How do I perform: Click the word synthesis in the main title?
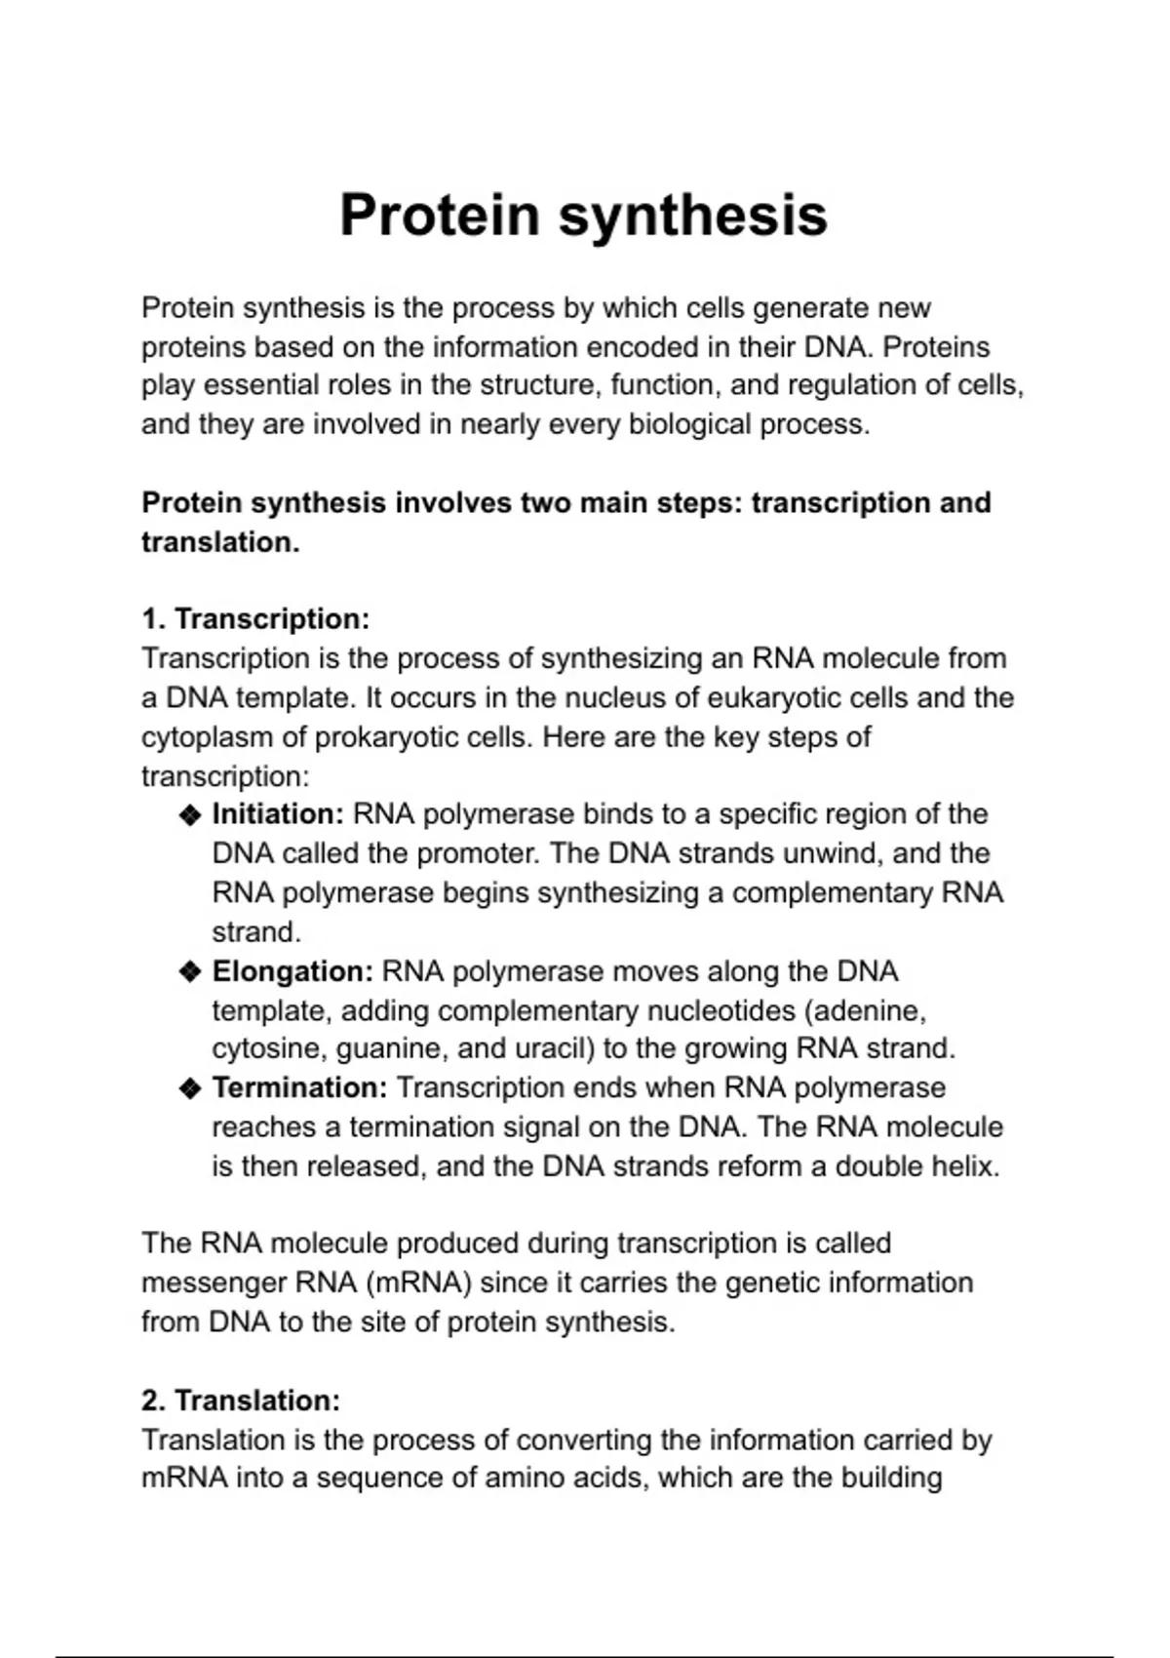[x=693, y=217]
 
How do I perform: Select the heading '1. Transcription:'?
[x=255, y=619]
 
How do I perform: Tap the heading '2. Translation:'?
[x=241, y=1401]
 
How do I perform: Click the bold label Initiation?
[x=278, y=814]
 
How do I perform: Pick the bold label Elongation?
[x=292, y=971]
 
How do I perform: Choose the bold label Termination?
[x=300, y=1087]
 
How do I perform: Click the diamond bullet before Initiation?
[x=190, y=815]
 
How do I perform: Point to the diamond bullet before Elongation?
[x=190, y=972]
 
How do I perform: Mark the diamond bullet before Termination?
[x=190, y=1088]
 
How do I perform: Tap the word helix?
[x=965, y=1166]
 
